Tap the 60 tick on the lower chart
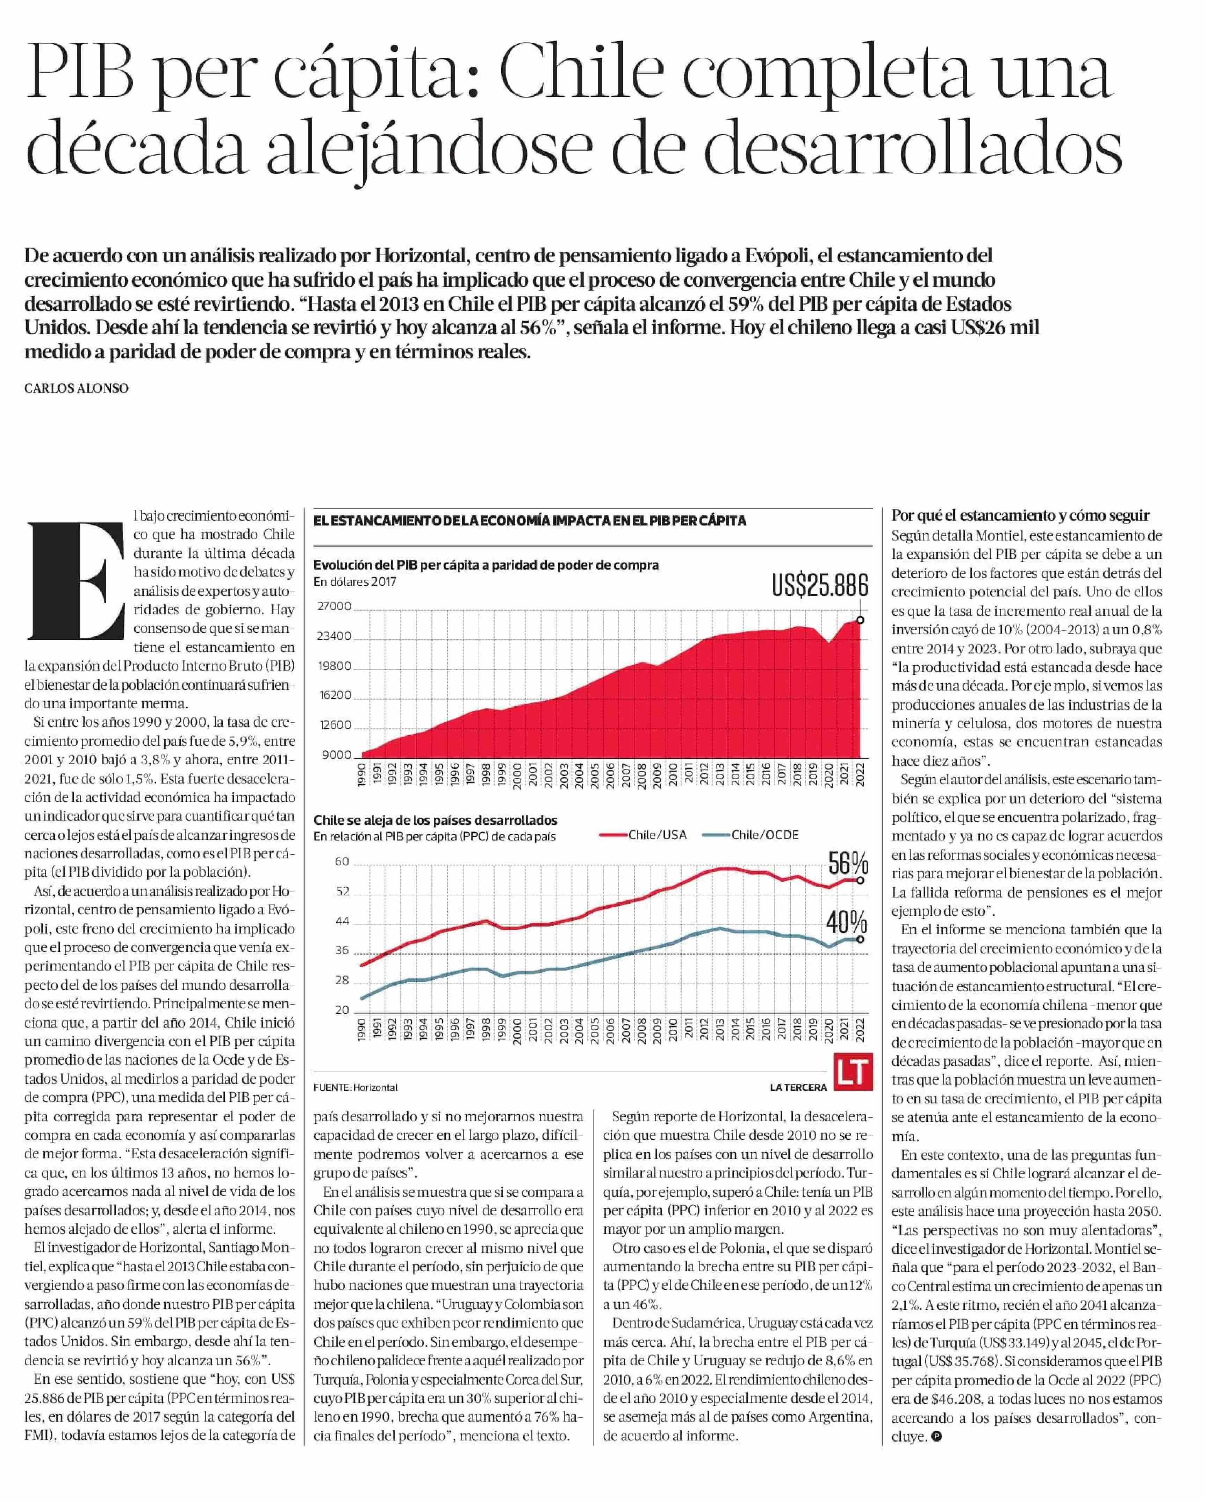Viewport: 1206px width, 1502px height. pos(342,862)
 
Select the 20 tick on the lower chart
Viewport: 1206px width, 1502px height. pos(342,1010)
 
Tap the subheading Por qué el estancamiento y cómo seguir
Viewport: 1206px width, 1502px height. pos(1020,516)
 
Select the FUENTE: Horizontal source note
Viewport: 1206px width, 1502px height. pos(355,1087)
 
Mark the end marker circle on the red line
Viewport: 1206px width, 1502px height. pos(860,881)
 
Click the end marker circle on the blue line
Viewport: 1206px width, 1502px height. pos(860,939)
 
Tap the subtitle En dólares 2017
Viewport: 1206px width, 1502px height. pos(354,582)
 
